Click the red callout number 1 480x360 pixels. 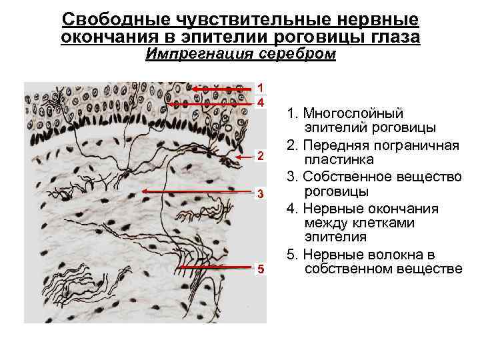coord(261,87)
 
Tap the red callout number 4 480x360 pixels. coord(261,103)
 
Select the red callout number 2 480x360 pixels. coord(261,156)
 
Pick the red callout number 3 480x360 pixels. coord(261,194)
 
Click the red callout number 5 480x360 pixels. coord(261,269)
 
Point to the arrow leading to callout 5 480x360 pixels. coord(217,267)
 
